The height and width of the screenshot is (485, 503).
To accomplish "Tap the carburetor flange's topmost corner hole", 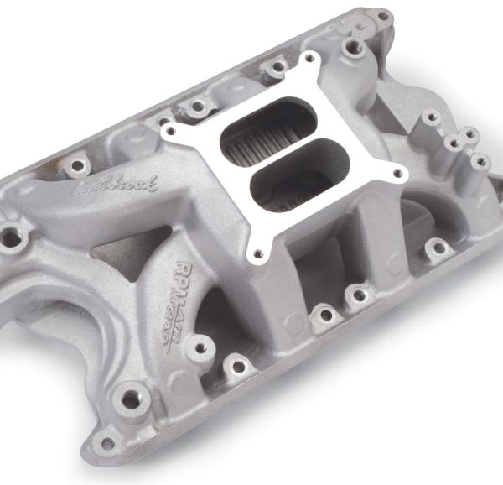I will coord(311,60).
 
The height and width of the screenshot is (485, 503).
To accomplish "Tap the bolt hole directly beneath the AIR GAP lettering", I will coord(237,365).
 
